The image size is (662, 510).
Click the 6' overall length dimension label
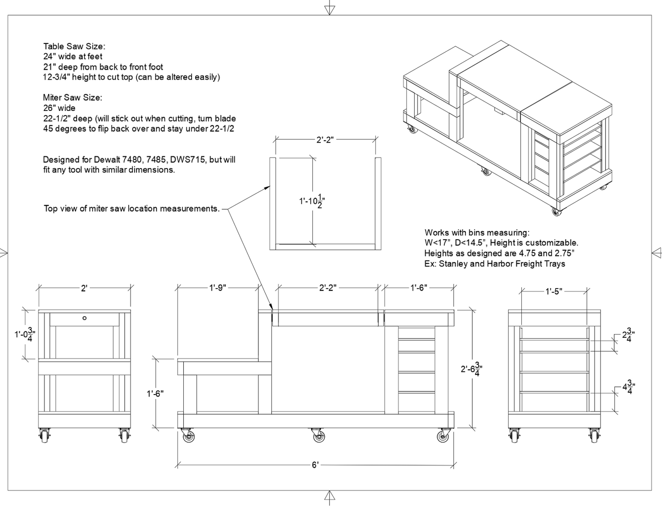(x=315, y=465)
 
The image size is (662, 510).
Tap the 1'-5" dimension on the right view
(x=553, y=291)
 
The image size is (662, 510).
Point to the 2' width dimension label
(x=84, y=288)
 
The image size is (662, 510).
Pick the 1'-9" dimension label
(x=218, y=288)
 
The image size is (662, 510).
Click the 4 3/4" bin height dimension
(x=628, y=388)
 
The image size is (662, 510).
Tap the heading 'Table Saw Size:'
(x=74, y=46)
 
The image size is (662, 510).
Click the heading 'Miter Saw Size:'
(x=72, y=98)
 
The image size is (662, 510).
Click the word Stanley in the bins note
(x=454, y=264)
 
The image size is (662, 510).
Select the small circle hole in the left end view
(x=84, y=318)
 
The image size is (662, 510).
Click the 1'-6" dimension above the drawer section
(x=418, y=288)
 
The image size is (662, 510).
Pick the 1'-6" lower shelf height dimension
(x=155, y=393)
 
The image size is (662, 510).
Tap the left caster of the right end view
(x=515, y=435)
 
